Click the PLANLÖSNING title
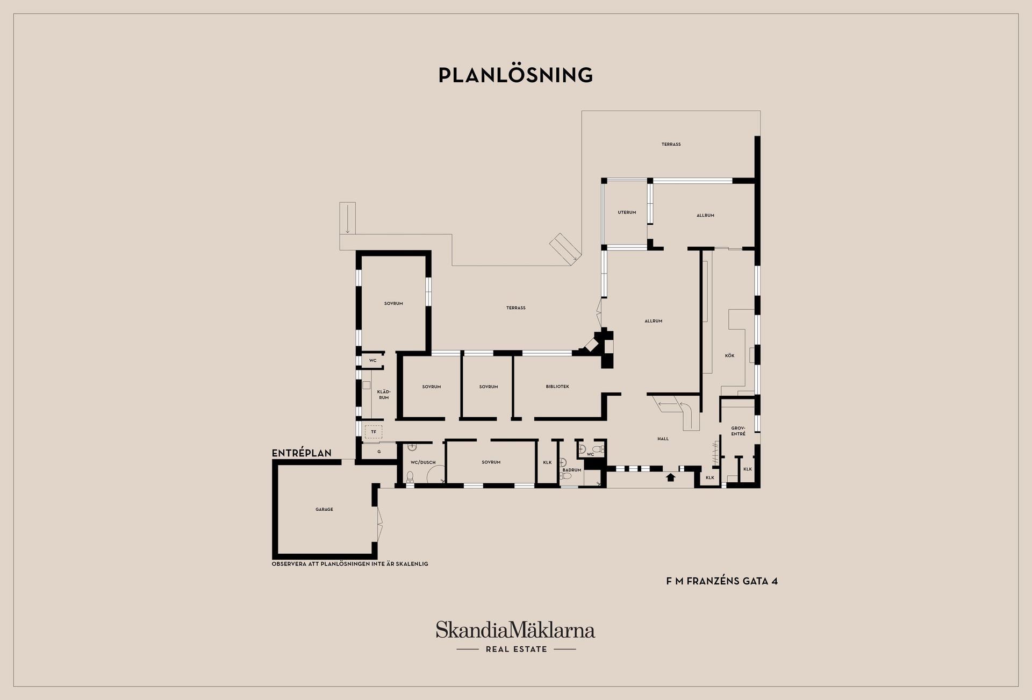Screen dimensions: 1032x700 click(515, 75)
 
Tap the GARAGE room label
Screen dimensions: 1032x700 click(324, 509)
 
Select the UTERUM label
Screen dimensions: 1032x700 click(627, 212)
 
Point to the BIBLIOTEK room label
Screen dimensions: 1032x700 click(557, 387)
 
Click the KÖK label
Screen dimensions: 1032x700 click(729, 355)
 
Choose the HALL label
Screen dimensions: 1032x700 click(663, 439)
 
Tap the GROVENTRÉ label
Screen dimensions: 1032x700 click(738, 431)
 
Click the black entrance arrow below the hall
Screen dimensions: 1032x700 click(670, 476)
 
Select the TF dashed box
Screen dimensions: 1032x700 click(374, 432)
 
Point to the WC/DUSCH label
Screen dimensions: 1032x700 click(423, 462)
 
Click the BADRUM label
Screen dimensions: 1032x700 click(572, 470)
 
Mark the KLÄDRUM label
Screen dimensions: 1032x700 click(384, 394)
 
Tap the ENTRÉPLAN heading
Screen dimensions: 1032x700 click(302, 453)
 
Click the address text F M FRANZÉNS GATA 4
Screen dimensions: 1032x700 click(722, 581)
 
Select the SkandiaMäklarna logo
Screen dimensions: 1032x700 click(515, 630)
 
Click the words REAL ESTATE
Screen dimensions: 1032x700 click(517, 649)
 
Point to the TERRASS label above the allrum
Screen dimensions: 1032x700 click(671, 144)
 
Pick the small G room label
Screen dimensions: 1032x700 click(379, 452)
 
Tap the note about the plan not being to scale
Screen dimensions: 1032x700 click(350, 564)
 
